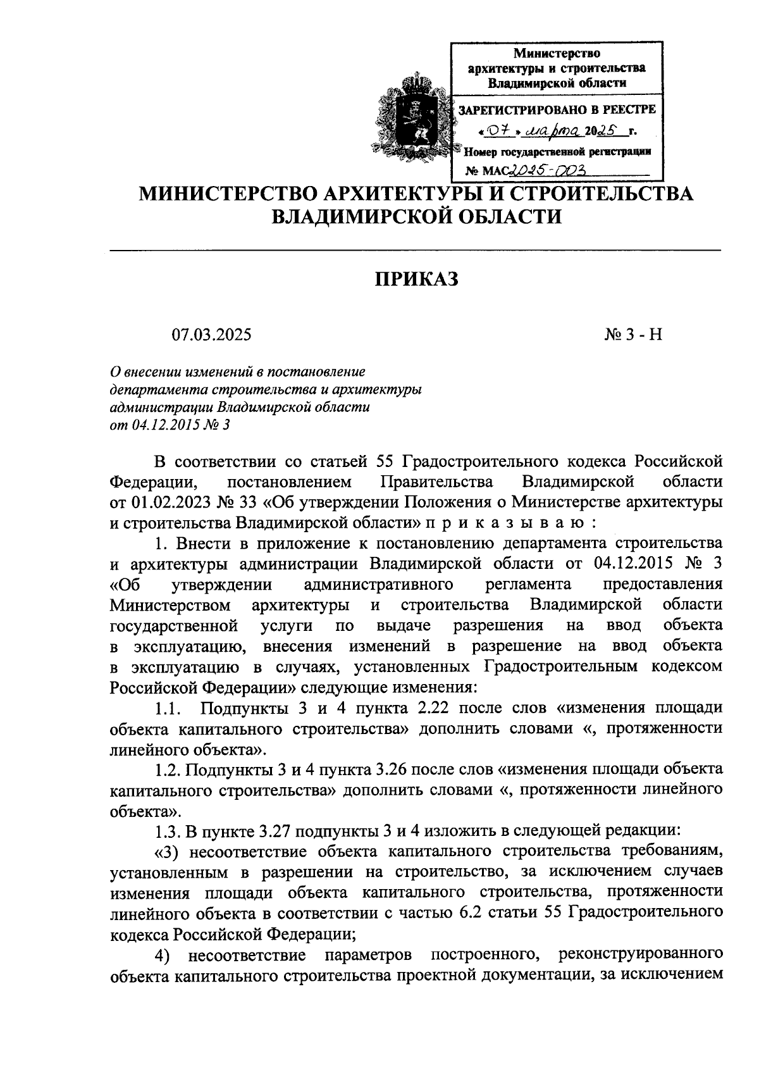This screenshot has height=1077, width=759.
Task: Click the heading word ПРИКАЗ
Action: pyautogui.click(x=416, y=279)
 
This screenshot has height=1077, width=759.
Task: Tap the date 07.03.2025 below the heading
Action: pyautogui.click(x=211, y=334)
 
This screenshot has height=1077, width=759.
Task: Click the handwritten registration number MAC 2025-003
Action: pyautogui.click(x=548, y=171)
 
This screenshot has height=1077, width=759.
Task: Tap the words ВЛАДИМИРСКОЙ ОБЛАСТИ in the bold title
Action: pyautogui.click(x=416, y=217)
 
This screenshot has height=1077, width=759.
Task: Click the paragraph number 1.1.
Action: pyautogui.click(x=170, y=708)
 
